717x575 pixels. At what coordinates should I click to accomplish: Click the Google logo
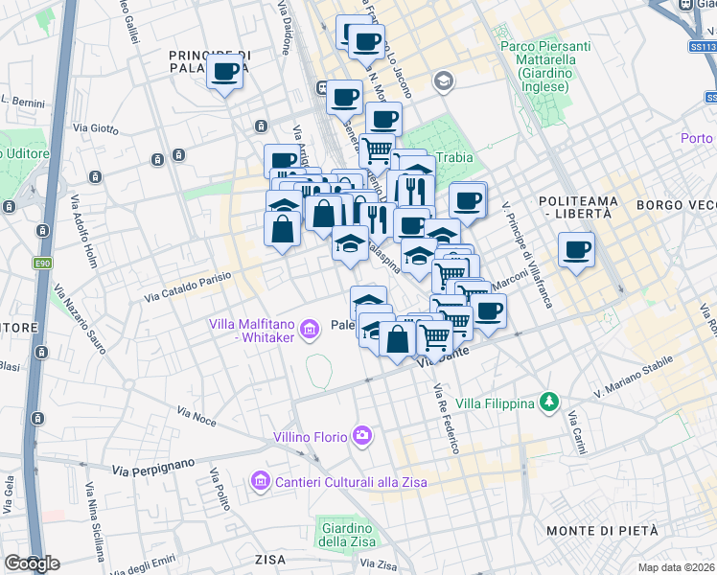tap(31, 563)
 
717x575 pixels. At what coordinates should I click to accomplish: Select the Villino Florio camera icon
tap(362, 436)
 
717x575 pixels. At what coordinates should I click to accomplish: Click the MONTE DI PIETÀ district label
tap(601, 531)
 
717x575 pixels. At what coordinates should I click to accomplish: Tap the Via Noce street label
tap(197, 412)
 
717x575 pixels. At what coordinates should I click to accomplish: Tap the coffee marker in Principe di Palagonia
tap(225, 71)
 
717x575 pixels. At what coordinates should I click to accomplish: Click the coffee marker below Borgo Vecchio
tap(576, 251)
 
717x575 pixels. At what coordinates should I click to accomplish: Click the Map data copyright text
tap(676, 567)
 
